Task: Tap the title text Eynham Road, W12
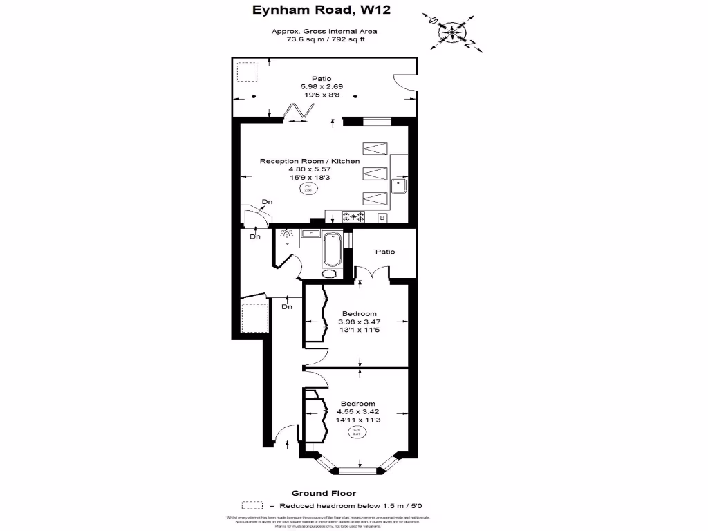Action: [324, 10]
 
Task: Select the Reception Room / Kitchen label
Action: [310, 161]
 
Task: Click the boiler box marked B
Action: [382, 218]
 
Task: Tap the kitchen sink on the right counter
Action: [399, 185]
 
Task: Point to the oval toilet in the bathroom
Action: [330, 274]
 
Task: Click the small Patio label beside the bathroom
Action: [385, 252]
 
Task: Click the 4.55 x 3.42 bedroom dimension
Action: [358, 411]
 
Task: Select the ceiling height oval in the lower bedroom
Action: [357, 432]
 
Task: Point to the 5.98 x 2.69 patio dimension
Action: [322, 86]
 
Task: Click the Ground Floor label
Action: [324, 493]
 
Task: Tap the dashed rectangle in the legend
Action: [253, 505]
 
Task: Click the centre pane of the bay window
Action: [360, 471]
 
